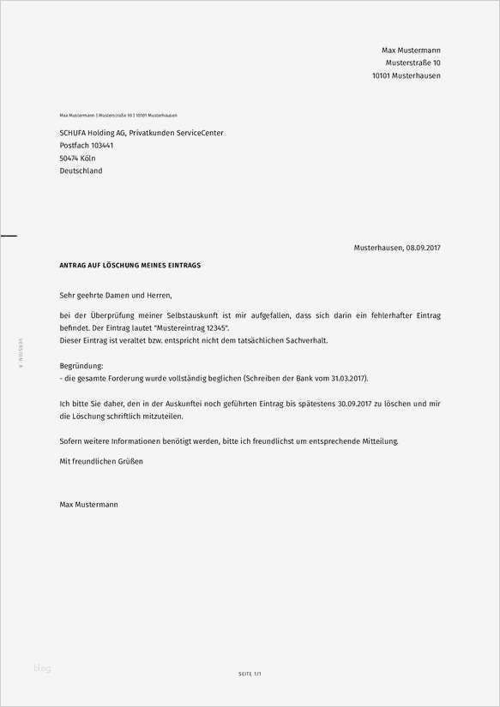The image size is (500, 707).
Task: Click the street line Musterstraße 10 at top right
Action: [413, 63]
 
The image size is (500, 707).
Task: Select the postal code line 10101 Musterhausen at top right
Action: [406, 76]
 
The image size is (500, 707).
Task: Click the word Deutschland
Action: [81, 171]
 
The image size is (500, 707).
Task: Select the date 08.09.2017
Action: [423, 248]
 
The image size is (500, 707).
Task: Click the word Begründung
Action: [81, 365]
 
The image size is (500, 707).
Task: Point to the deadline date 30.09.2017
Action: [355, 404]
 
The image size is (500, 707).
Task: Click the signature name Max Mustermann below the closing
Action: [89, 505]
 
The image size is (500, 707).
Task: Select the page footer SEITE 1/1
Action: [250, 674]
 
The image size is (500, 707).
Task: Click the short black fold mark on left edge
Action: [9, 234]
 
